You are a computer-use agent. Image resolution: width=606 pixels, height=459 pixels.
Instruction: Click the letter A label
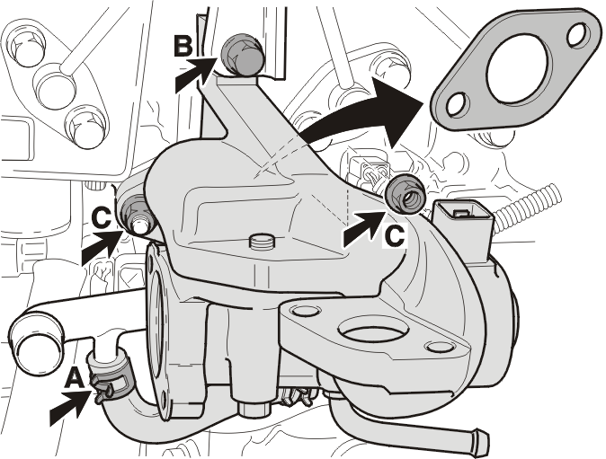click(x=74, y=376)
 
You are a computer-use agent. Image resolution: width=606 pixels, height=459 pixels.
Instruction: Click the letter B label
click(x=183, y=45)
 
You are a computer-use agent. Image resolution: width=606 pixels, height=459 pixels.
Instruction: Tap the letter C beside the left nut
click(x=102, y=217)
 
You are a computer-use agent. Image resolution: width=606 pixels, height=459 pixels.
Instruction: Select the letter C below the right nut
click(x=395, y=235)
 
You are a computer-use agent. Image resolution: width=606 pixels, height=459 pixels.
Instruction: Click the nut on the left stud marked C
click(x=137, y=215)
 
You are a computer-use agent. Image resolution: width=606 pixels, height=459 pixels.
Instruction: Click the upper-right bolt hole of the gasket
click(x=577, y=33)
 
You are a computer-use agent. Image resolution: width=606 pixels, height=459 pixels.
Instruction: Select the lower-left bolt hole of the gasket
click(x=458, y=104)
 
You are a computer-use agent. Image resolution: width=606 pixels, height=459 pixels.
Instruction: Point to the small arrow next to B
click(x=193, y=75)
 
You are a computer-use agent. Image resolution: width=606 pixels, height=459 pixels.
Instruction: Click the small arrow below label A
click(x=69, y=408)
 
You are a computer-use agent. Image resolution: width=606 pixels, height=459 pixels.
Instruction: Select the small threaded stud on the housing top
click(x=261, y=243)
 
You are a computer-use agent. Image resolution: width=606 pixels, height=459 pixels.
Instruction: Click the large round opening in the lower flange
click(x=373, y=332)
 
